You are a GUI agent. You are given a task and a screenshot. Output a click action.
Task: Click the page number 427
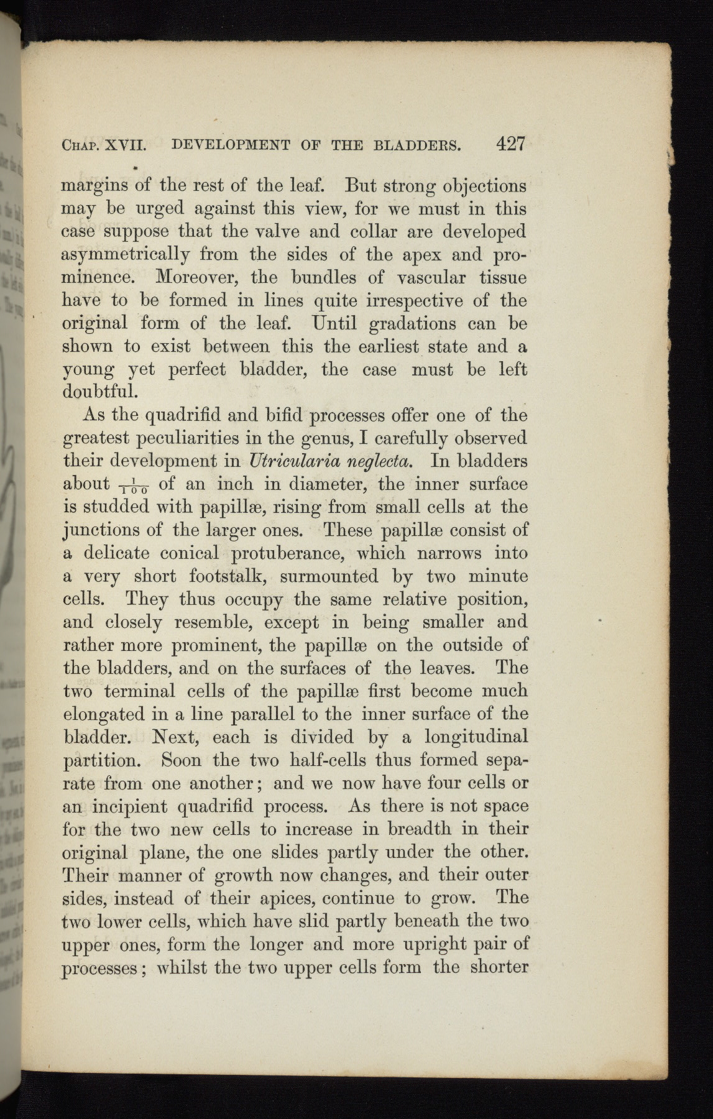(511, 145)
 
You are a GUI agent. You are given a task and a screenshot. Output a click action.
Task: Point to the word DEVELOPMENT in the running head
(230, 147)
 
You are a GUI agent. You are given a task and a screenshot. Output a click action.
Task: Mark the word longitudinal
(476, 737)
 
